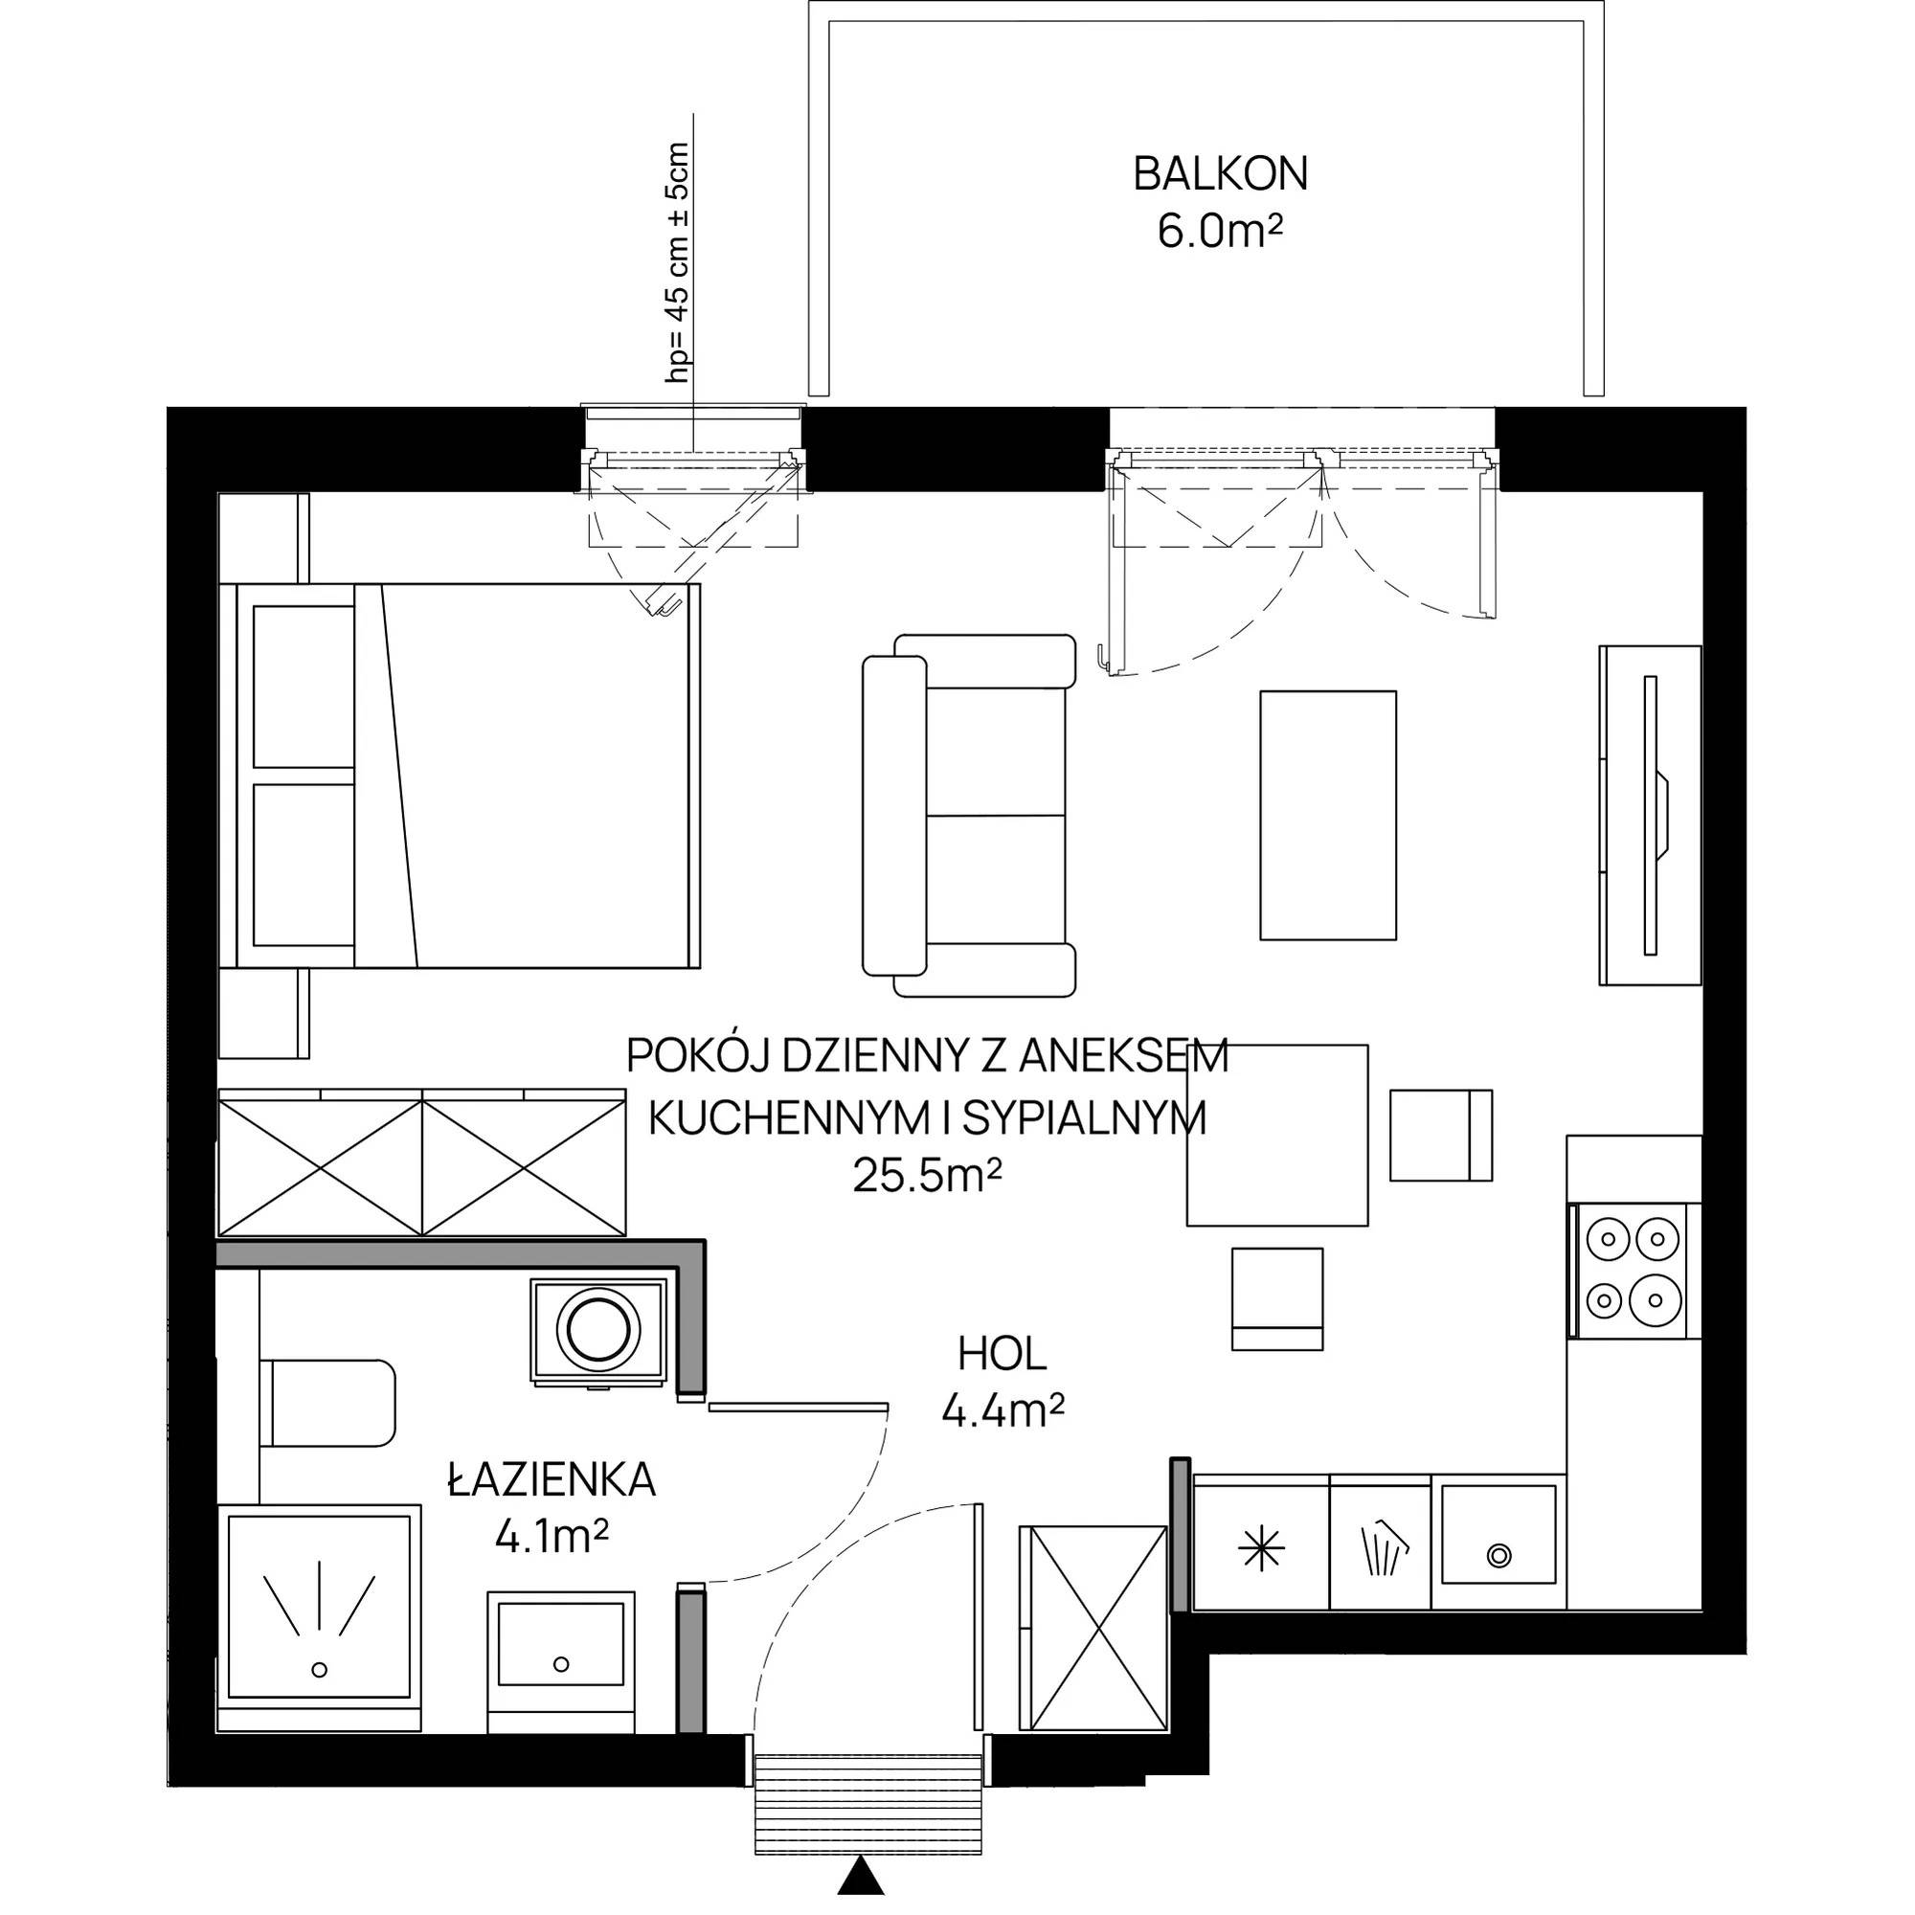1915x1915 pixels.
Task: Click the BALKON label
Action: tap(1220, 174)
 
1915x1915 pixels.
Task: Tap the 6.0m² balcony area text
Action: tap(1220, 234)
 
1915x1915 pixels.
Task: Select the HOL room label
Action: tap(1003, 1354)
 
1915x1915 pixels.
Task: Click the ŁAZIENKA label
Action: tap(552, 1481)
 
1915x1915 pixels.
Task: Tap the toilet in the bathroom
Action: tap(327, 1404)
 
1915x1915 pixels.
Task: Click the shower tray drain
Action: tap(319, 1669)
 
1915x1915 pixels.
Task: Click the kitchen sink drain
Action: tap(1498, 1555)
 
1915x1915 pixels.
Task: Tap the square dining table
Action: tap(1277, 1135)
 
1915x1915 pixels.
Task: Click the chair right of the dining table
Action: tap(1441, 1135)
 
